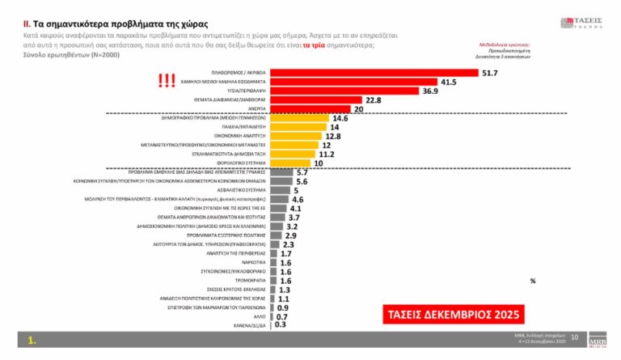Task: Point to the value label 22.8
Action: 373,100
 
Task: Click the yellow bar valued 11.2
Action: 292,153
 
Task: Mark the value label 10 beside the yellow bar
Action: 319,162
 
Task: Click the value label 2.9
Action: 291,235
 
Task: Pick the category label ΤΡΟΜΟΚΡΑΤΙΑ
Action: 250,281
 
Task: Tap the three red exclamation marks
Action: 167,81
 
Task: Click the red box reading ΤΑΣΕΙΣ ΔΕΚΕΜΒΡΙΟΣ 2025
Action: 449,312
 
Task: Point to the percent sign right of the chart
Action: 533,281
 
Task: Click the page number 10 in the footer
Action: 575,337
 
